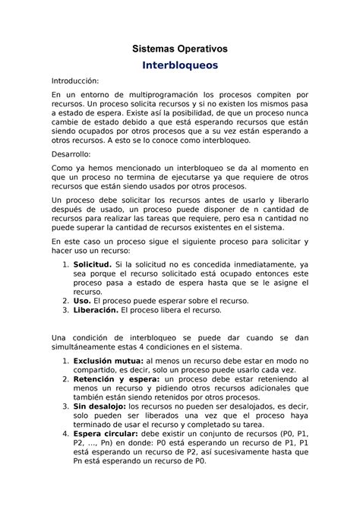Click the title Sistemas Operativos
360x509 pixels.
pos(179,49)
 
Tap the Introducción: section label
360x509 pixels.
pos(75,81)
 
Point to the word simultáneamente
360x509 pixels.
pos(91,347)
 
